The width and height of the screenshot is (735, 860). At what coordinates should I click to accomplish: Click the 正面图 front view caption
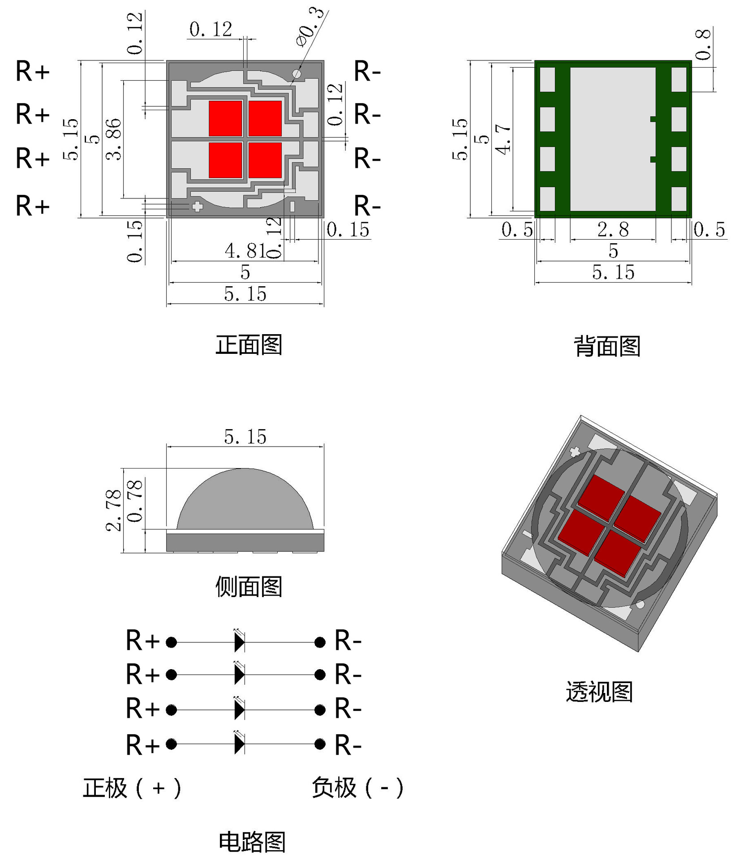click(249, 345)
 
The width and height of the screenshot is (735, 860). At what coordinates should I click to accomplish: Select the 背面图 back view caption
click(607, 347)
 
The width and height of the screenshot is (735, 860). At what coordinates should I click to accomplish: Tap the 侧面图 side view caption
click(249, 587)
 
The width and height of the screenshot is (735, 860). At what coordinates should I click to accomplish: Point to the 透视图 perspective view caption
click(599, 692)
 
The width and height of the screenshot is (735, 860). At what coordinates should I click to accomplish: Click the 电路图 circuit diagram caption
click(252, 842)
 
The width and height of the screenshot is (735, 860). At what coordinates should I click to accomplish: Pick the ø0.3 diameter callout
click(310, 27)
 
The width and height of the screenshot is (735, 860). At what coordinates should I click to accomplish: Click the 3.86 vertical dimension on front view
click(114, 139)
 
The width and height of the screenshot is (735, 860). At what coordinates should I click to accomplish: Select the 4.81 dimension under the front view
click(245, 251)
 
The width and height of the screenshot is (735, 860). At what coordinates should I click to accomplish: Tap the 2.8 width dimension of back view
click(613, 229)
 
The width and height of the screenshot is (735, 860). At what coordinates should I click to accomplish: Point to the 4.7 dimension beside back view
click(503, 139)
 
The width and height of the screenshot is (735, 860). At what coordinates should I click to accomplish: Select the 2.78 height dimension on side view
click(114, 511)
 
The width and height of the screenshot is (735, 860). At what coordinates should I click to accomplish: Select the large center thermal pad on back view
click(612, 139)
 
